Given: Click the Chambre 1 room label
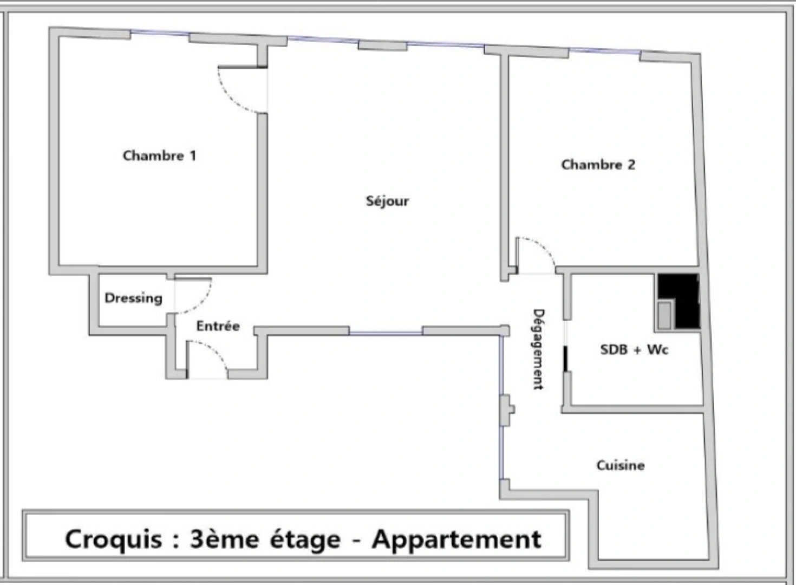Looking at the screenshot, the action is coord(160,156).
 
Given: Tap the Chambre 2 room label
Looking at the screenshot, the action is coord(598,165).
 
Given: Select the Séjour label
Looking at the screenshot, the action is coord(387,201).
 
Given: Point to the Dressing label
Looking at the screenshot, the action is coord(133,298).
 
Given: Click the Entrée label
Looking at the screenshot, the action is coord(218,326).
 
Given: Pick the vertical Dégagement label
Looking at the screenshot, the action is coord(539,349).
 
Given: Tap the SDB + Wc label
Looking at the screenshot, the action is coord(634,350).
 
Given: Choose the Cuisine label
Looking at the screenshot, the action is coord(621,465).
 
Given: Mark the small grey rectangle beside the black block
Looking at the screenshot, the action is coord(664,316).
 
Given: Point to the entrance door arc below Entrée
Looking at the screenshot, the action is coord(214,350).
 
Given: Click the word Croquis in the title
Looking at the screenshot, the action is coord(113,540).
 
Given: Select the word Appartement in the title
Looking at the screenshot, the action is coord(456,540).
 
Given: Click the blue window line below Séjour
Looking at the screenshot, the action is coord(386,333).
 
